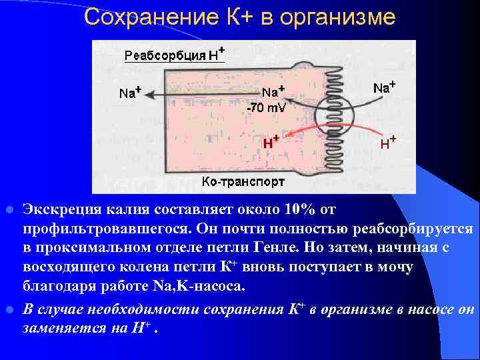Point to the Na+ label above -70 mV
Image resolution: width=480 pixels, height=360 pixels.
(273, 92)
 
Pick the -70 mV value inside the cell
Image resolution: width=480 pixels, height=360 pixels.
(266, 107)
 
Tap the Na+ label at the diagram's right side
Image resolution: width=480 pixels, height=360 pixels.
(384, 87)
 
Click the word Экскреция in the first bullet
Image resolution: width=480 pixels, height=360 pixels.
(61, 210)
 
